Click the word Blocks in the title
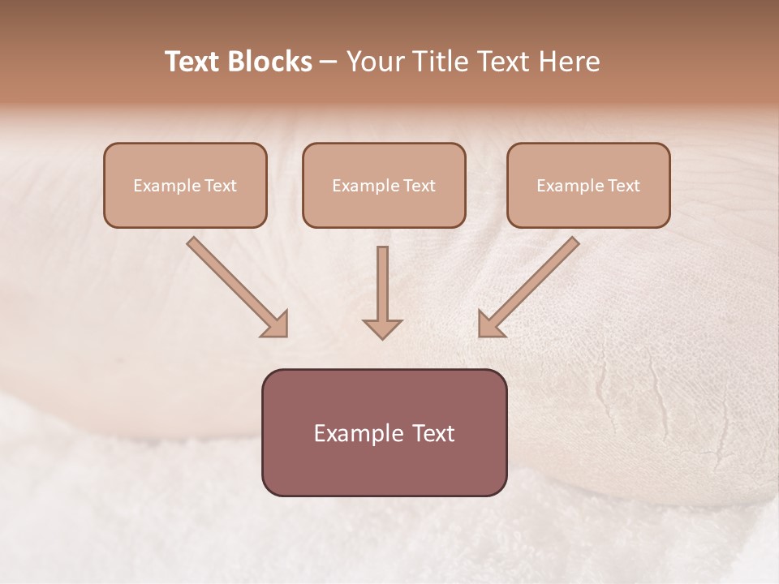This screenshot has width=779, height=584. (270, 62)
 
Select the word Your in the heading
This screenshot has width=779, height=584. (375, 62)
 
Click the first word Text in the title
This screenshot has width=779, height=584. (193, 62)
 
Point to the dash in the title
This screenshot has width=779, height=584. (328, 62)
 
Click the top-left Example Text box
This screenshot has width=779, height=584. (185, 185)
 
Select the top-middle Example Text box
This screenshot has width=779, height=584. (384, 185)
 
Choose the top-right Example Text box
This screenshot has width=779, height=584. (588, 185)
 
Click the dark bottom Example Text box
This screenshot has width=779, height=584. (384, 432)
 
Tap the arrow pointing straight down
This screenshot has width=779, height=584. (382, 292)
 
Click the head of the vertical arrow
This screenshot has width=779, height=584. (382, 328)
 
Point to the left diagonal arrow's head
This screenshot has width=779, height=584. (275, 324)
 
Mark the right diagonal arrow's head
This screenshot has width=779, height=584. (490, 324)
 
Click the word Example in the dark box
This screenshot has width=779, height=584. (354, 433)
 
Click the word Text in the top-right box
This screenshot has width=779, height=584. (623, 186)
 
